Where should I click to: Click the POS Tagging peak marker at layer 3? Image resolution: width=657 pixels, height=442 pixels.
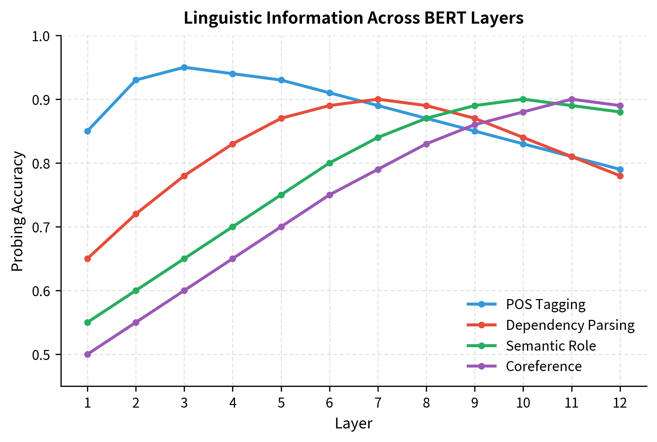(184, 67)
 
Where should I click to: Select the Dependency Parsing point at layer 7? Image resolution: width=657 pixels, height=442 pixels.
(378, 99)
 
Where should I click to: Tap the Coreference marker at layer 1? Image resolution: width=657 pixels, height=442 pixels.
(87, 354)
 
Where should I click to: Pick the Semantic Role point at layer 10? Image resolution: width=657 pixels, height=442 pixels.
(523, 99)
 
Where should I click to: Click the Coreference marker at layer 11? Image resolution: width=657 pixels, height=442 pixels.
(572, 99)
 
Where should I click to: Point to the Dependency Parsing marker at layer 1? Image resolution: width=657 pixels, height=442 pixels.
(87, 259)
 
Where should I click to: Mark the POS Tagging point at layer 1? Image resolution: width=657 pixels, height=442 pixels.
(87, 131)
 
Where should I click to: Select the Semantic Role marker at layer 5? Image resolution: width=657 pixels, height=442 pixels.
(281, 195)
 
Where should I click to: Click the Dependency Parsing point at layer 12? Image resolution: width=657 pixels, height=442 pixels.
(620, 176)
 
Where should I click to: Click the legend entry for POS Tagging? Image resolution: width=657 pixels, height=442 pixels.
(545, 304)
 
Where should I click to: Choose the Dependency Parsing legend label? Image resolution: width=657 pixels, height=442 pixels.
(570, 325)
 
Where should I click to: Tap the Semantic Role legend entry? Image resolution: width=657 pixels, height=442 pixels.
(551, 346)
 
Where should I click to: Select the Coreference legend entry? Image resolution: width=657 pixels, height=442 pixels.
(543, 366)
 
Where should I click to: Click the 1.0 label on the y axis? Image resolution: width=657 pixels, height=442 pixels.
(42, 36)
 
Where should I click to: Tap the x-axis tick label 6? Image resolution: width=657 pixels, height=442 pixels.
(330, 403)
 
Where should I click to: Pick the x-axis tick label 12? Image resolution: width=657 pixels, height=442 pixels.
(620, 403)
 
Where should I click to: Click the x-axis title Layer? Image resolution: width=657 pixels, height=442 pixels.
(354, 424)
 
